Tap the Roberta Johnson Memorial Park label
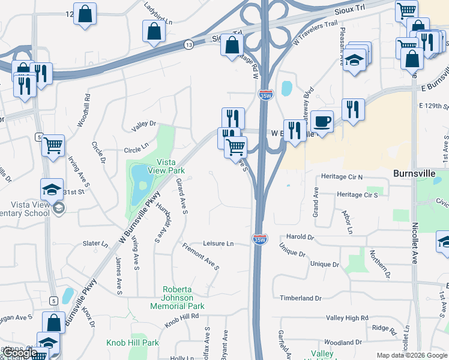coord(178,298)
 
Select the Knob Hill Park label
coord(133,343)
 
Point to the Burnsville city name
coord(417,173)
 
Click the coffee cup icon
coord(322,121)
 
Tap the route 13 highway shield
coord(189,44)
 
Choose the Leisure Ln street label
coord(218,244)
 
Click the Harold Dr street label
coord(300,237)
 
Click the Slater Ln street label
coord(95,244)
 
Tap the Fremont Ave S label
coord(200,257)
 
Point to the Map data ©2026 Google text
coord(412,355)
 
